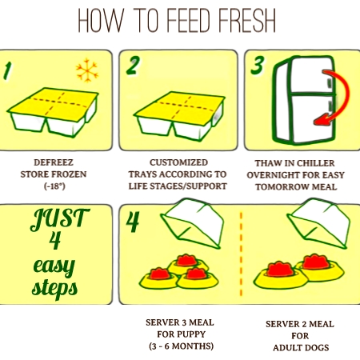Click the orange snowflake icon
pyautogui.click(x=87, y=70)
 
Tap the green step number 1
pyautogui.click(x=8, y=71)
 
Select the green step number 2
pyautogui.click(x=133, y=66)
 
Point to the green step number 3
pyautogui.click(x=258, y=65)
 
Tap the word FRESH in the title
pyautogui.click(x=246, y=21)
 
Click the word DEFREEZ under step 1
pyautogui.click(x=54, y=162)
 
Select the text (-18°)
pyautogui.click(x=54, y=186)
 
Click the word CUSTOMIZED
pyautogui.click(x=178, y=162)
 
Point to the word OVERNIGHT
pyautogui.click(x=273, y=175)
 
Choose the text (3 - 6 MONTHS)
pyautogui.click(x=182, y=346)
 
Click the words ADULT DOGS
pyautogui.click(x=301, y=348)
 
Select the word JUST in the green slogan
pyautogui.click(x=60, y=219)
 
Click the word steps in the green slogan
pyautogui.click(x=54, y=289)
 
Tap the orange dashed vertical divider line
pyautogui.click(x=241, y=254)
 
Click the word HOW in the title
pyautogui.click(x=101, y=21)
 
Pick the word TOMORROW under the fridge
pyautogui.click(x=282, y=187)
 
